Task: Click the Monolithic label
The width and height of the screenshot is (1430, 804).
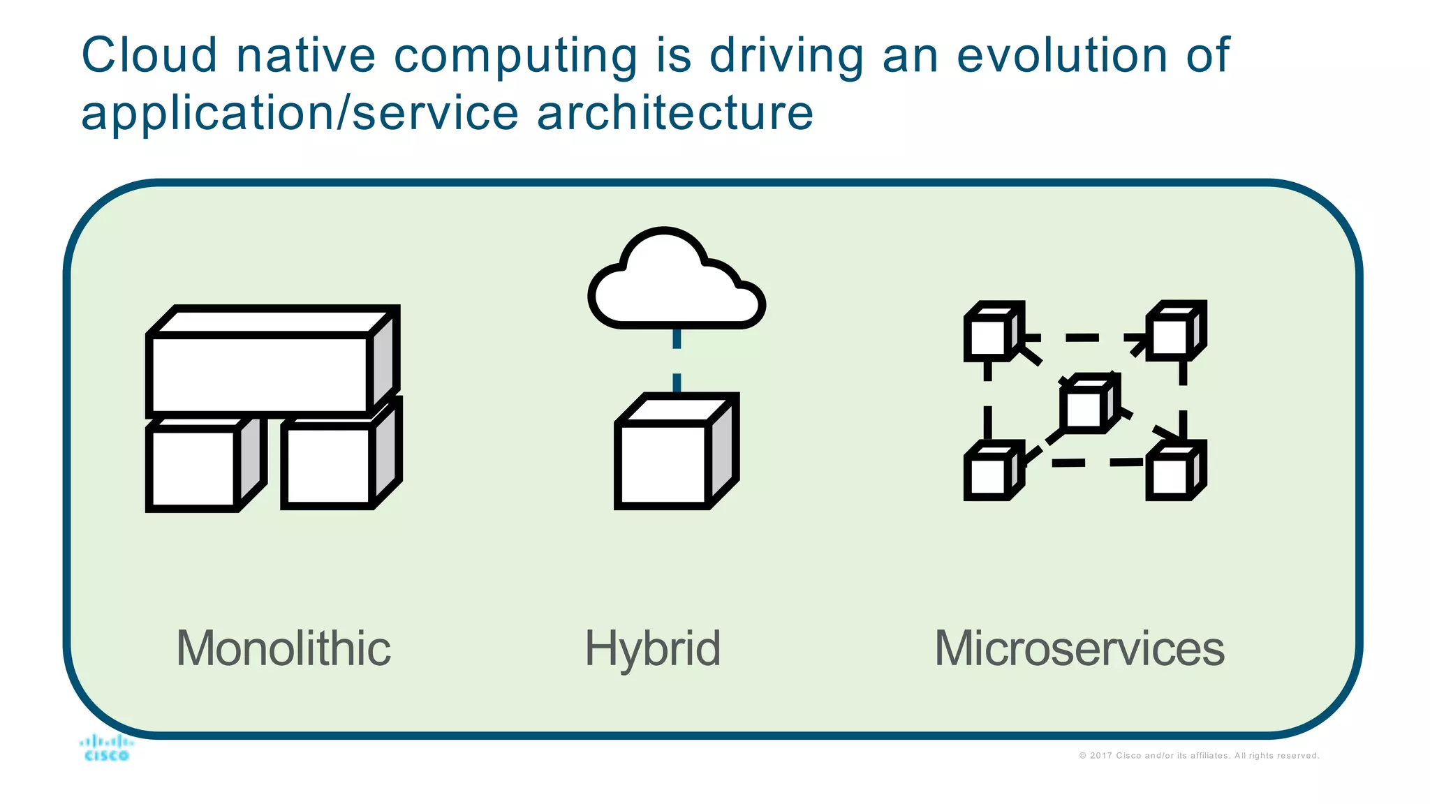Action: pyautogui.click(x=283, y=648)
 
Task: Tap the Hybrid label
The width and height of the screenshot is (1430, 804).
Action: pyautogui.click(x=652, y=649)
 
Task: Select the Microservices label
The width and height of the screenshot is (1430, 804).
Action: pyautogui.click(x=1079, y=648)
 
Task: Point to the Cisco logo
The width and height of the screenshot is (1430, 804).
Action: pyautogui.click(x=106, y=748)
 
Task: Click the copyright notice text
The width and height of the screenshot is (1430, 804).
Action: pyautogui.click(x=1199, y=756)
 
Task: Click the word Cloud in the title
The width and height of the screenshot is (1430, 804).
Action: pyautogui.click(x=149, y=56)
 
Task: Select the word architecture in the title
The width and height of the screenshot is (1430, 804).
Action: pyautogui.click(x=675, y=113)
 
